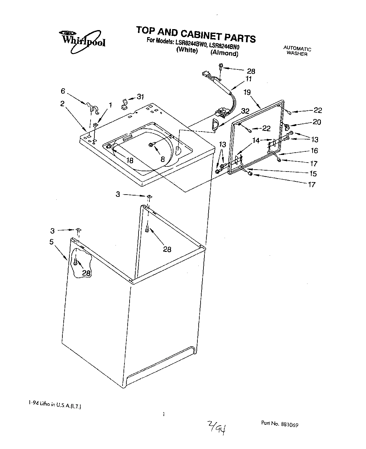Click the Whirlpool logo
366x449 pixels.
82,40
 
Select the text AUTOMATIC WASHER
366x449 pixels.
297,52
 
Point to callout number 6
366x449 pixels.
63,91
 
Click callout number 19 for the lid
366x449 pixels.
247,92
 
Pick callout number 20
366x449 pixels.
317,122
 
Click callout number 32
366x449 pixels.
245,111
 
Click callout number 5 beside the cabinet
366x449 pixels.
51,242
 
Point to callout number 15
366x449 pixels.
313,174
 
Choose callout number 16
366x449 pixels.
314,151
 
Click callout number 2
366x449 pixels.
62,104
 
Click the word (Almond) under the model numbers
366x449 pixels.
224,53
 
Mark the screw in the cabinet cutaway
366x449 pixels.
75,261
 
